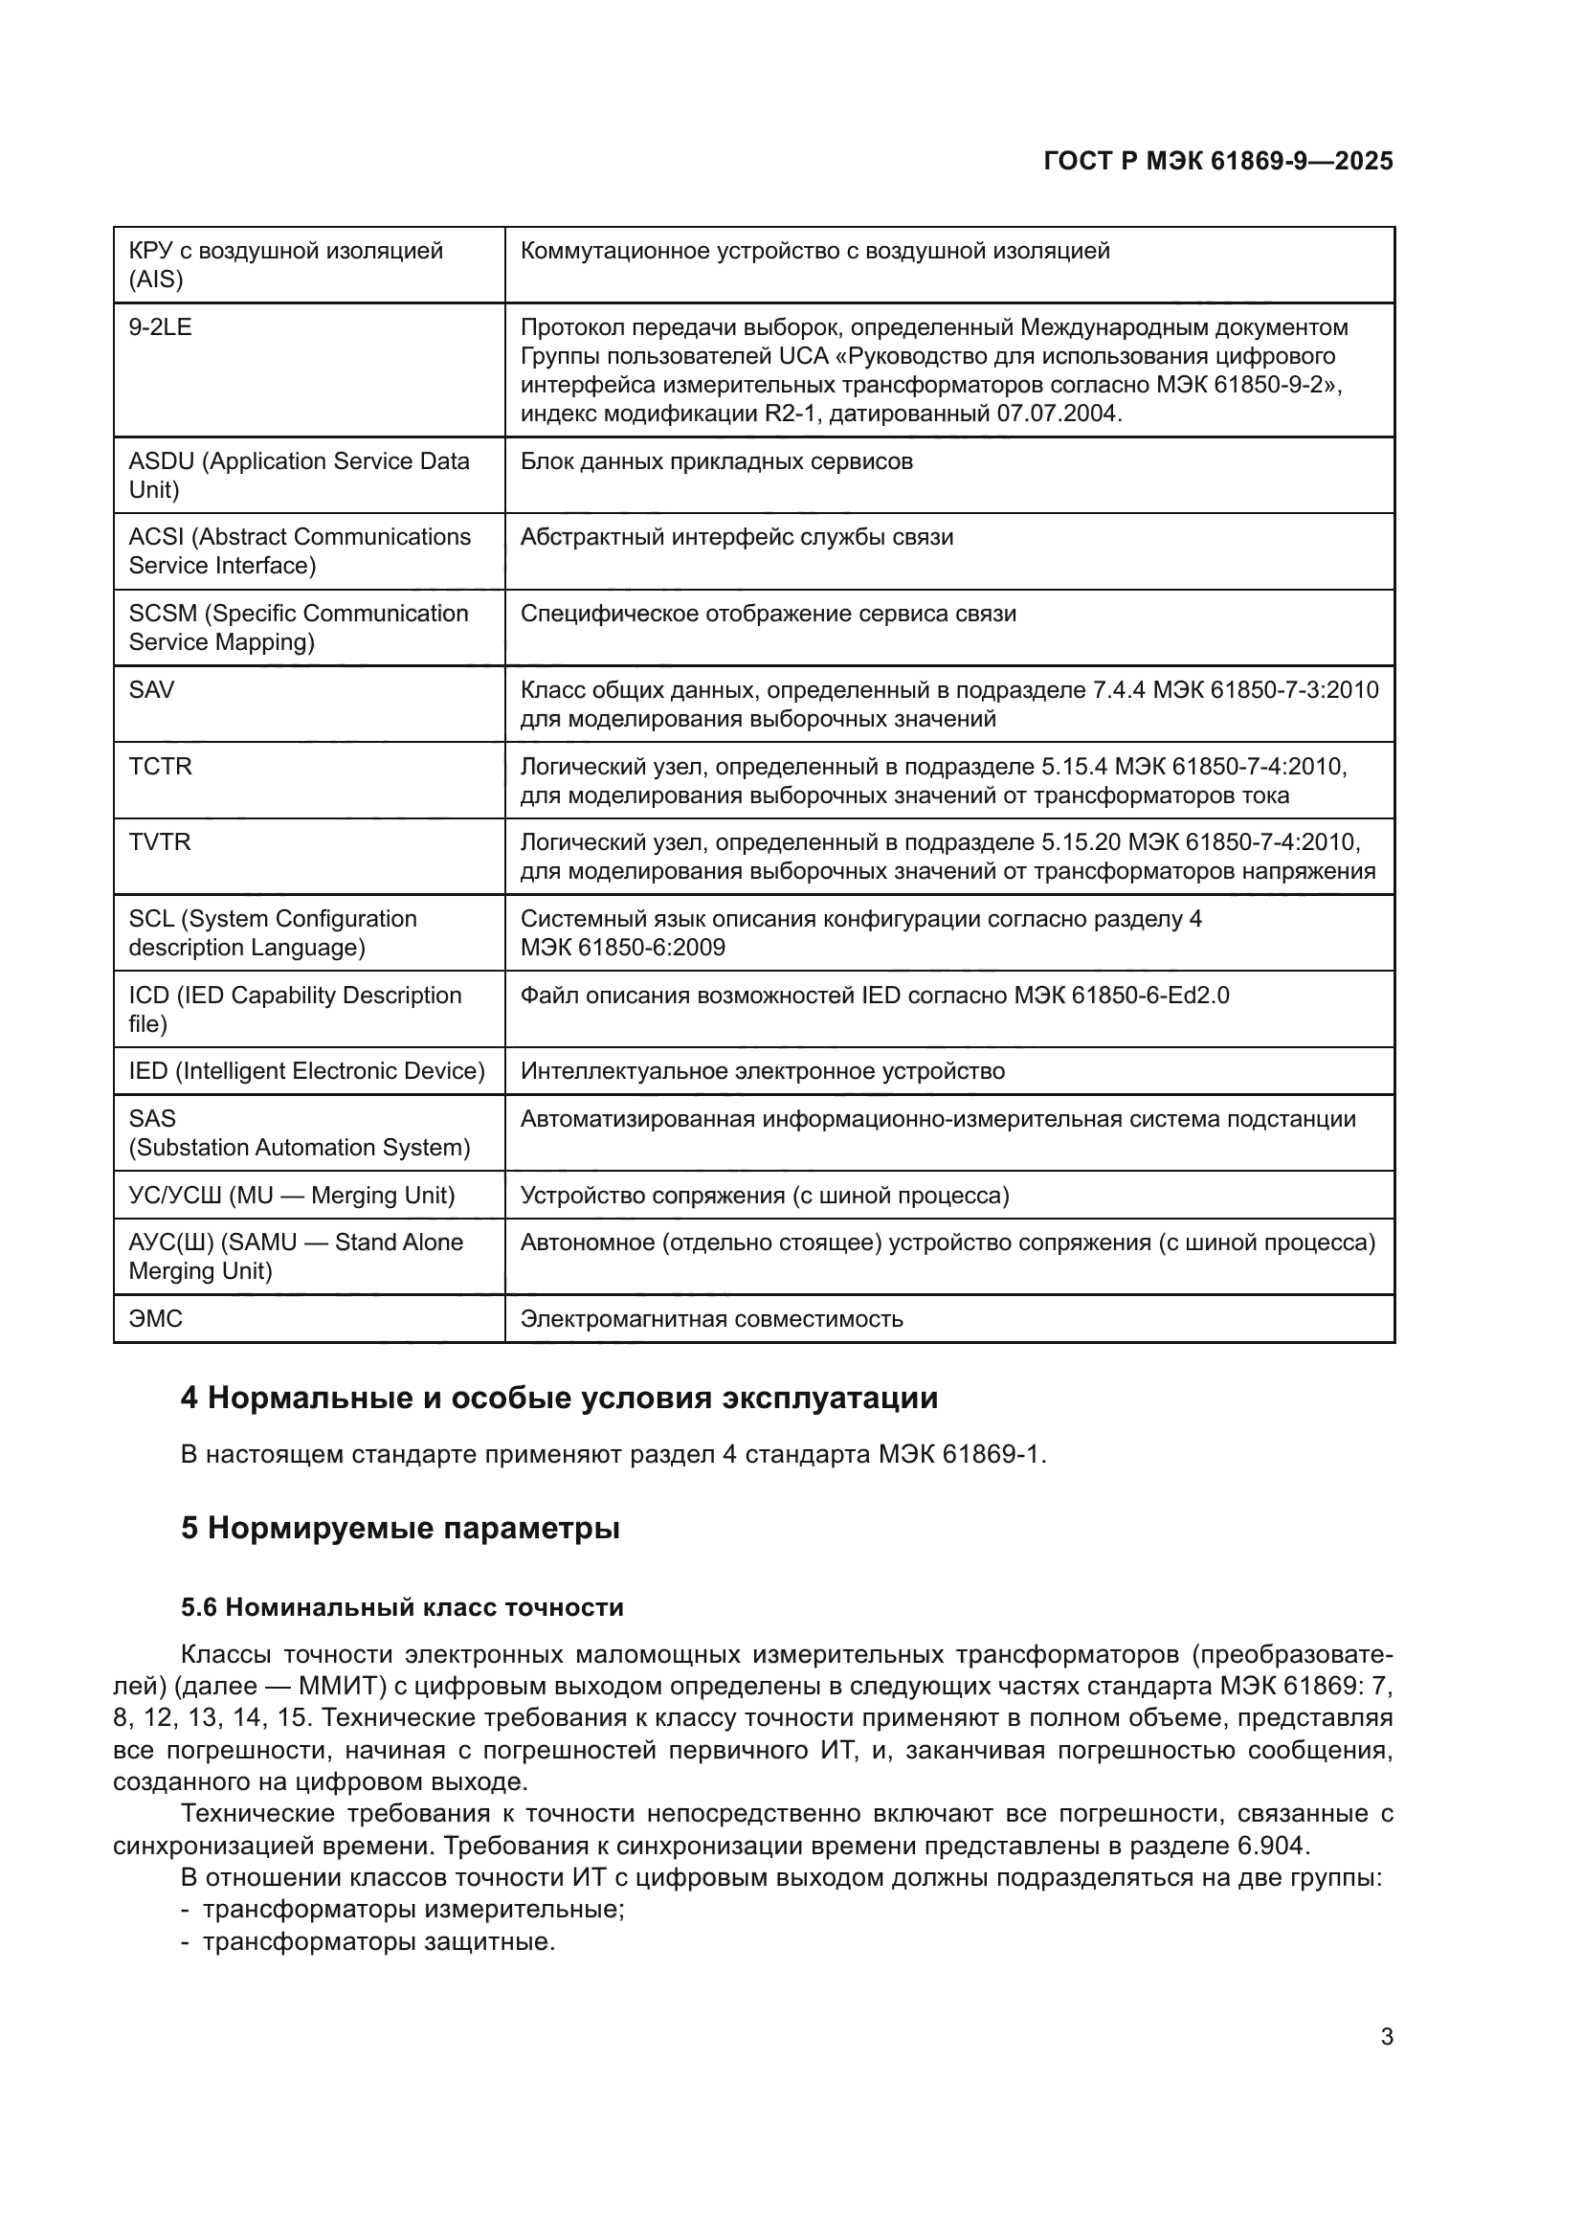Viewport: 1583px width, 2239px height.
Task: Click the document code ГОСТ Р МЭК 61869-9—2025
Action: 1217,161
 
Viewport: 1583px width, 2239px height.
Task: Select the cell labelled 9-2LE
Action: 161,327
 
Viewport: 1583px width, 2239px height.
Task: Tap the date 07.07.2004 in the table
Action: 1057,414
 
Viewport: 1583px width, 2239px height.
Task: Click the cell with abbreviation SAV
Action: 152,690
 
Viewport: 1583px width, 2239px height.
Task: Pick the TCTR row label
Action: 161,767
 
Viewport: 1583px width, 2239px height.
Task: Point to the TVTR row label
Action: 160,842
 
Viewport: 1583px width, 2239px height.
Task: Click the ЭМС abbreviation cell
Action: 156,1319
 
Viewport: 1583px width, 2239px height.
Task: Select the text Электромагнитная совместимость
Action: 711,1319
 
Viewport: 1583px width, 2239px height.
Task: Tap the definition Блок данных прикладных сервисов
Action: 717,461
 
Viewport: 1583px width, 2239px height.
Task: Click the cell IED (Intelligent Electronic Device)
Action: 307,1072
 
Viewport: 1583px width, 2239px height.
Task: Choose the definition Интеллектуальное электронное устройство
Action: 762,1072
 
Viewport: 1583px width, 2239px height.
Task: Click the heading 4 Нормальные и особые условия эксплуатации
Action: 559,1399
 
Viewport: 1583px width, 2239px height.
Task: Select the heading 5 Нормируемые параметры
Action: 400,1528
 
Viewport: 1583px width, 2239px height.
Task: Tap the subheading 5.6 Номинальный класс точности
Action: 402,1608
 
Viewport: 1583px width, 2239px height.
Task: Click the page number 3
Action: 1386,2037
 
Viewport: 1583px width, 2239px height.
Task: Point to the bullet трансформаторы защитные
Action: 378,1941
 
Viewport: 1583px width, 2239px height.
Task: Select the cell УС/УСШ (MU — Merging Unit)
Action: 293,1196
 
